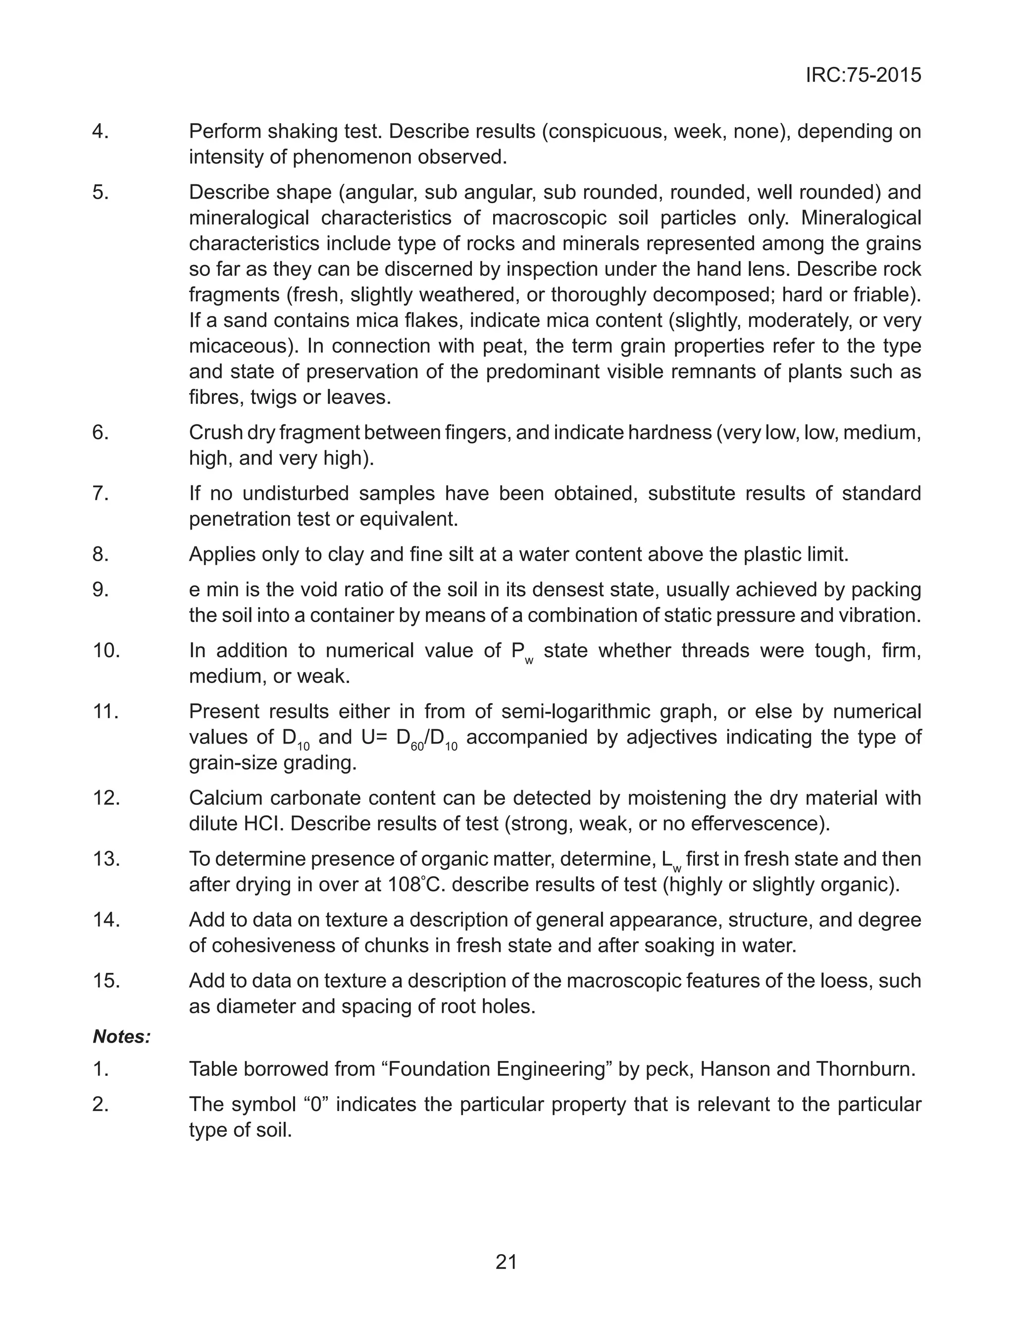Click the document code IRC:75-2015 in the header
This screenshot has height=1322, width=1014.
pyautogui.click(x=863, y=75)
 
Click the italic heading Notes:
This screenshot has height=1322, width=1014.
pyautogui.click(x=121, y=1037)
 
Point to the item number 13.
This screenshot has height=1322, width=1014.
pyautogui.click(x=106, y=858)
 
